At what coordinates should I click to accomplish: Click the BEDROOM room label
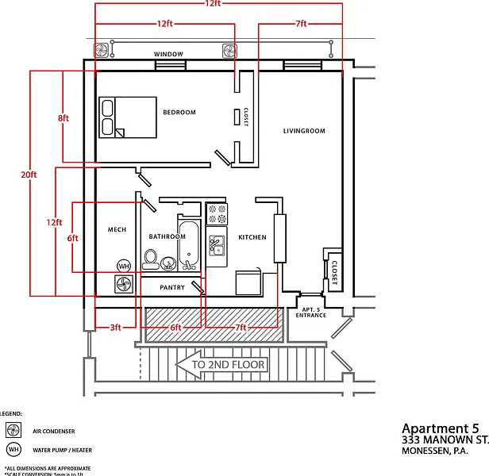coord(179,112)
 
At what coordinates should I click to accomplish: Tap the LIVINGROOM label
coord(304,131)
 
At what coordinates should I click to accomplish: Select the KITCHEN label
coord(252,237)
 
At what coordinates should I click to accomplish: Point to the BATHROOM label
coord(167,236)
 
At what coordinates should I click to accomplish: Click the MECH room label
coord(117,230)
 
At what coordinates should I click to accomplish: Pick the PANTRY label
coord(172,287)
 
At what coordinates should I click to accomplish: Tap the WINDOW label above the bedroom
coord(168,54)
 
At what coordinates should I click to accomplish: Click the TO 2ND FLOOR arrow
coord(220,365)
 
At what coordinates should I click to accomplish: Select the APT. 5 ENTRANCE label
coord(310,312)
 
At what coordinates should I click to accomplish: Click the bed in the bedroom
coord(127,117)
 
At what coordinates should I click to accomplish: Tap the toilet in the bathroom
coord(151,259)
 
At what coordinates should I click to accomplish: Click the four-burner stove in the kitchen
coord(217,213)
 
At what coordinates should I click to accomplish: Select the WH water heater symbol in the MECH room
coord(124,266)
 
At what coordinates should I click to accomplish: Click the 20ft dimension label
coord(29,175)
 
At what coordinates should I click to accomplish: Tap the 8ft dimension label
coord(64,118)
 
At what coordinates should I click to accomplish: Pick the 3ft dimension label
coord(115,327)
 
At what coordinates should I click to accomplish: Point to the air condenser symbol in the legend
coord(13,431)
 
